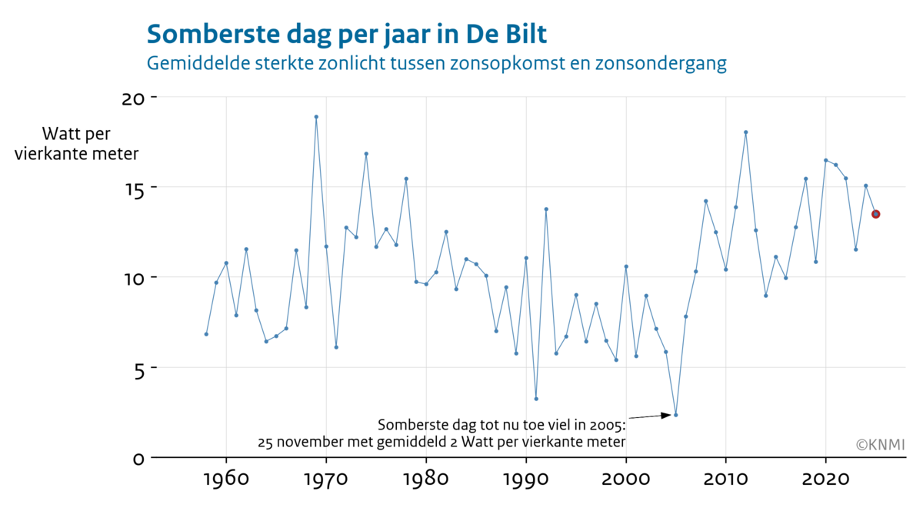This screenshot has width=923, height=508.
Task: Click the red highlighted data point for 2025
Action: tap(875, 214)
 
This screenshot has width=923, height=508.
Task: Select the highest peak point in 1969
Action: tap(316, 117)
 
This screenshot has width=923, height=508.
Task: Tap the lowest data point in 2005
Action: tap(675, 415)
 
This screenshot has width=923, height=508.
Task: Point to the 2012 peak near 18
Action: tap(745, 132)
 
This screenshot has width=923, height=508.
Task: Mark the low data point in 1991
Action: tap(536, 399)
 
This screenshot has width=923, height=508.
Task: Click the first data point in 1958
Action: tap(206, 334)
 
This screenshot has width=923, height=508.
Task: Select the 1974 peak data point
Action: tap(366, 154)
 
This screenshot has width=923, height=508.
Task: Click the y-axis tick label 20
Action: tap(133, 99)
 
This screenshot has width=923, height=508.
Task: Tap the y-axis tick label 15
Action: tap(133, 189)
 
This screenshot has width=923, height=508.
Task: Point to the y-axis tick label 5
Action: tap(138, 369)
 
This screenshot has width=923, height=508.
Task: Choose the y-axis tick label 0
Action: tap(138, 459)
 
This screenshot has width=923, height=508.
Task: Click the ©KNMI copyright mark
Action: tap(879, 444)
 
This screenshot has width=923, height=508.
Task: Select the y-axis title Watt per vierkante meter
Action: tap(76, 144)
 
